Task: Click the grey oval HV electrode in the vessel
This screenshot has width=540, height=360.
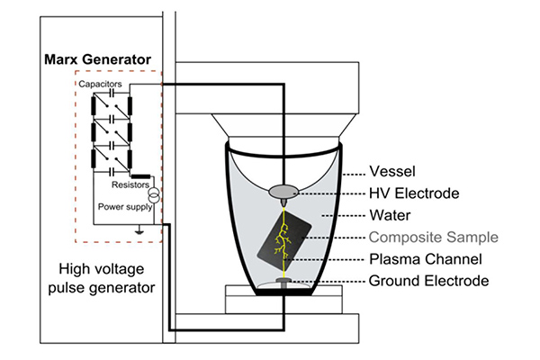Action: pyautogui.click(x=283, y=191)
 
